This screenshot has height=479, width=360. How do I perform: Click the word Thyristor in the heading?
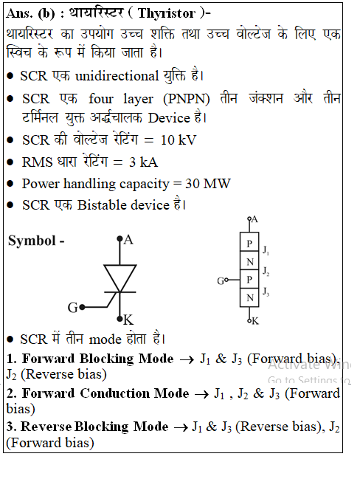(x=167, y=14)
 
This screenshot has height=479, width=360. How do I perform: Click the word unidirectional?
(x=117, y=76)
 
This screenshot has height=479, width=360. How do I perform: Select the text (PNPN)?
(x=186, y=100)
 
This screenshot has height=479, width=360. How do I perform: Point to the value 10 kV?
(x=179, y=140)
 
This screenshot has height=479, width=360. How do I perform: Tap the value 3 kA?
(x=143, y=162)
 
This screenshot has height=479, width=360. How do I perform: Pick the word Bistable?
(x=123, y=205)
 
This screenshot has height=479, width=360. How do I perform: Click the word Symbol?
(x=32, y=241)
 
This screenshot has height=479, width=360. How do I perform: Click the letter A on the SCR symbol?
(x=128, y=240)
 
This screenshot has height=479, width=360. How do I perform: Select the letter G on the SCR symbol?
(x=73, y=308)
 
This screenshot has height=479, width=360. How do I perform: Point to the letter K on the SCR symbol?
(x=128, y=320)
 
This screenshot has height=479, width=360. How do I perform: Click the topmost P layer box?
(x=249, y=242)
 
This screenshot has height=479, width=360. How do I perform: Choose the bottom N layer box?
(x=249, y=297)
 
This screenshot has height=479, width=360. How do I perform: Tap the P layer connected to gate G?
(x=249, y=279)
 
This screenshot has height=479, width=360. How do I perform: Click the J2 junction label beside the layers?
(x=266, y=272)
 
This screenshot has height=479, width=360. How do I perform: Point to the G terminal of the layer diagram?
(x=221, y=280)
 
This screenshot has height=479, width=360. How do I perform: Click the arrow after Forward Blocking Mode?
(x=187, y=360)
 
